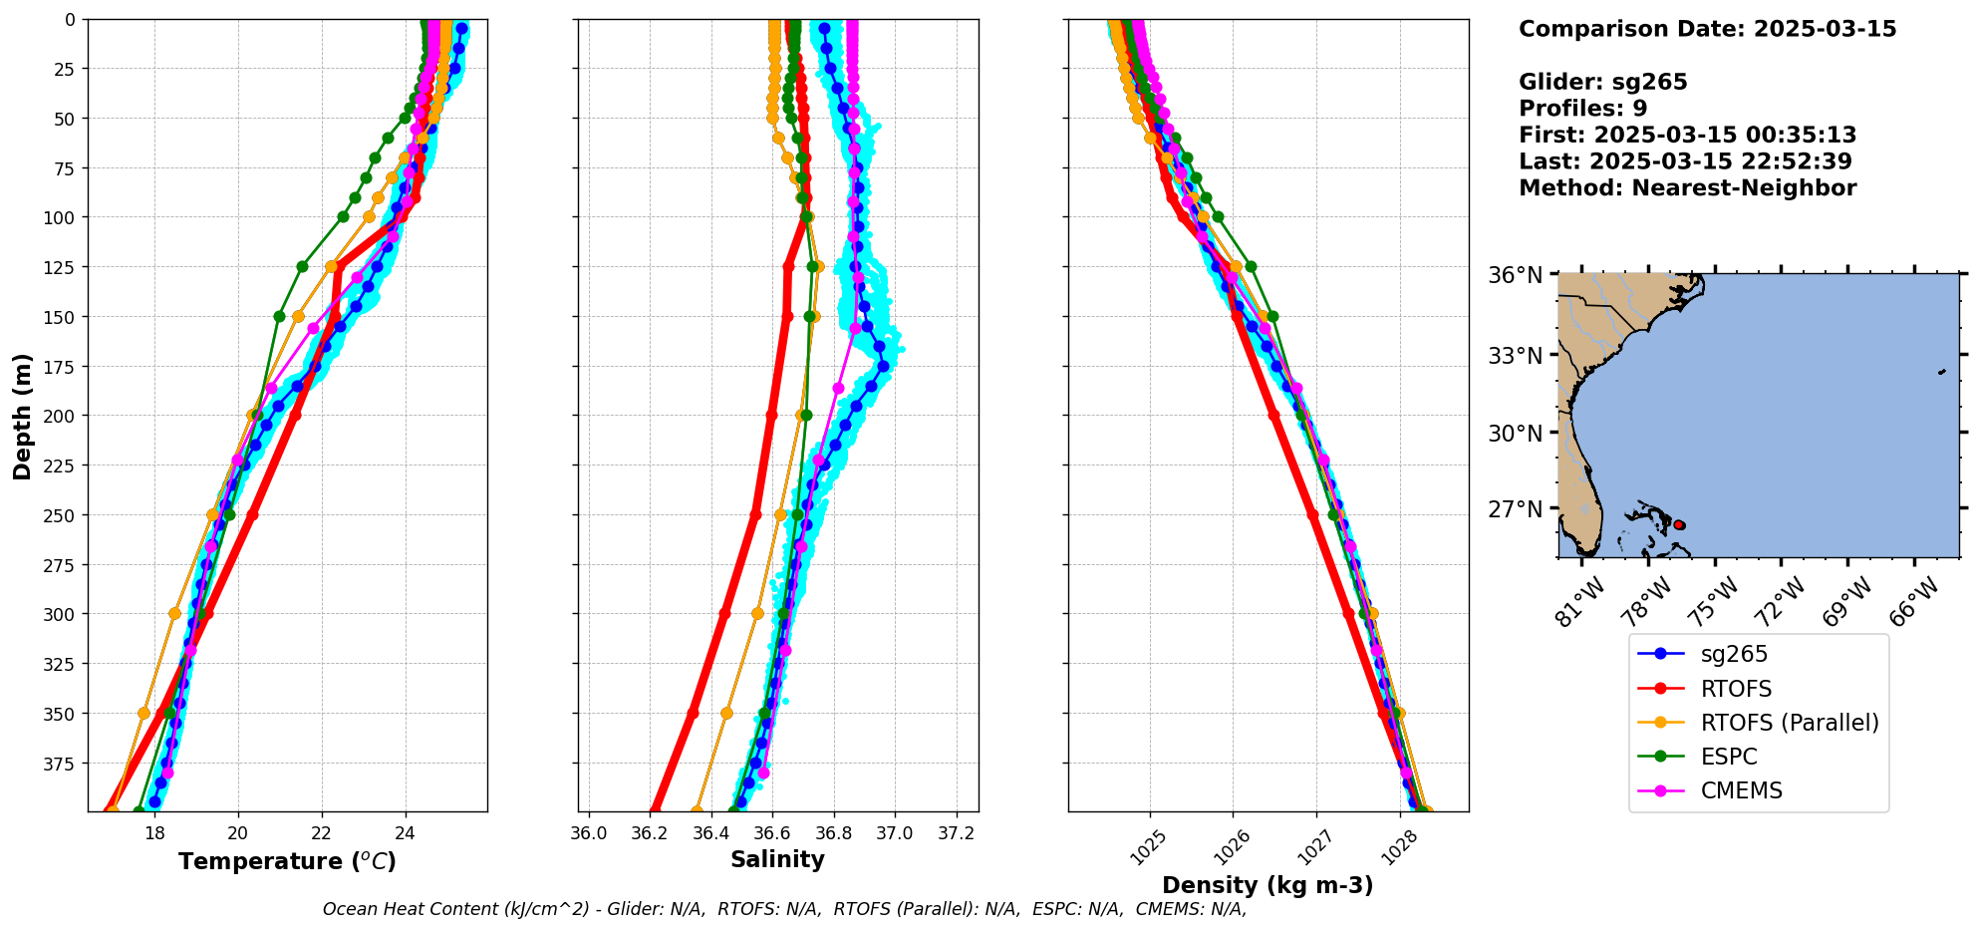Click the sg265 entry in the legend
tap(1733, 654)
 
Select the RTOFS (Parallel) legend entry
tap(1789, 723)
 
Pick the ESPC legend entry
tap(1728, 757)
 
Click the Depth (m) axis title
tap(23, 416)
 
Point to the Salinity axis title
tap(777, 859)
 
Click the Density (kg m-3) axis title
tap(1267, 885)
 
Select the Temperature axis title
tap(287, 861)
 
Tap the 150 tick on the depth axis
tap(61, 317)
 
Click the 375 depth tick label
tap(61, 764)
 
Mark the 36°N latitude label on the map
tap(1515, 275)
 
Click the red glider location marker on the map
tap(1679, 524)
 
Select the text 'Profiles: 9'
tap(1582, 109)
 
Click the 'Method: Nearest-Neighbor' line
tap(1687, 188)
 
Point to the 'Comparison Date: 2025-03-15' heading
tap(1707, 29)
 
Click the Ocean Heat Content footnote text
tap(784, 909)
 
